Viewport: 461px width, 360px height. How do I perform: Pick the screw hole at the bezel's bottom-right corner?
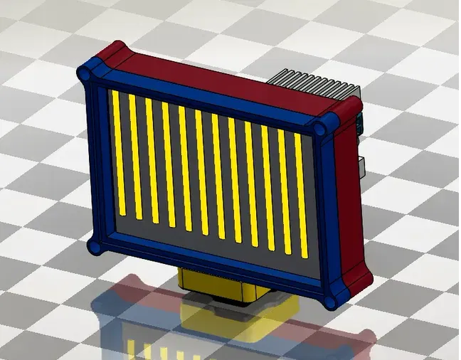(x=331, y=301)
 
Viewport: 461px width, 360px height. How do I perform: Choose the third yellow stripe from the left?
(x=152, y=162)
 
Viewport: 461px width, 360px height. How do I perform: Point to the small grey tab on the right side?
(x=362, y=165)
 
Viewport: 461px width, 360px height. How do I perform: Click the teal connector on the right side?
(x=359, y=122)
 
